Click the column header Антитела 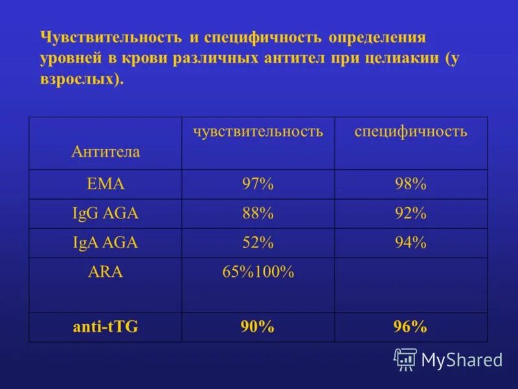(106, 152)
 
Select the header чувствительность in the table (258, 132)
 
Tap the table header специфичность (411, 132)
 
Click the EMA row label (106, 184)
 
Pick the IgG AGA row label (106, 213)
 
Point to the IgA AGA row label (106, 243)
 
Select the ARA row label (106, 272)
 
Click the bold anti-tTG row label (106, 327)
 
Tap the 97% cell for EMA (258, 184)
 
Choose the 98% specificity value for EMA (411, 184)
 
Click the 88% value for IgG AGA (258, 213)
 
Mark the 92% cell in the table (411, 213)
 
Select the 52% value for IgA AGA (258, 243)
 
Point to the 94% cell (411, 243)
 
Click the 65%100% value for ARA (258, 272)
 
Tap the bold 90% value (258, 327)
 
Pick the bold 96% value (411, 327)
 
